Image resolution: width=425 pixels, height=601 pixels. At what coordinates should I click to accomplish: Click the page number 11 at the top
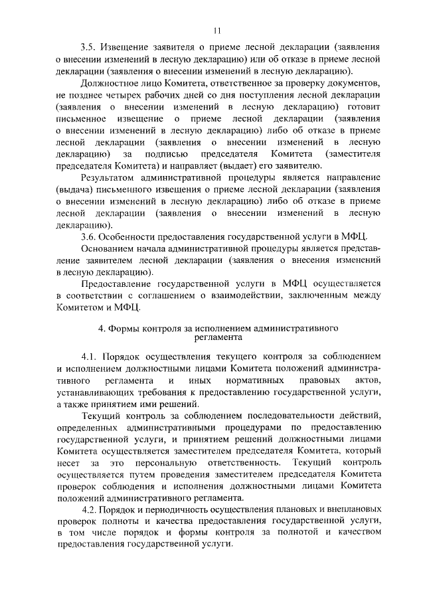tap(217, 30)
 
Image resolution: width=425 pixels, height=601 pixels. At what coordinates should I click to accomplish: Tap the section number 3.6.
tap(89, 237)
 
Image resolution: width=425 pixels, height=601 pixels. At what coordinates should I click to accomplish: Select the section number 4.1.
tap(90, 357)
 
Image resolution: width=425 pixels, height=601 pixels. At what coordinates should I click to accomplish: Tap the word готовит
tap(363, 106)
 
